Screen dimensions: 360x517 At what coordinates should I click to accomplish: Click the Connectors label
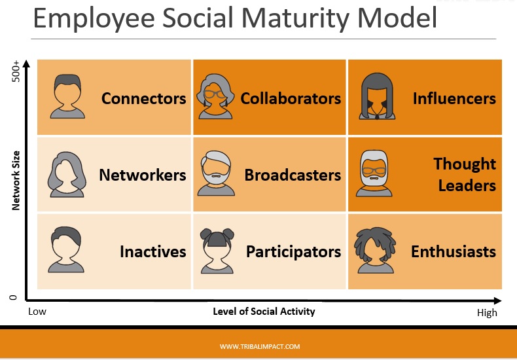pos(143,99)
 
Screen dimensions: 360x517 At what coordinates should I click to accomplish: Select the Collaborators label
pos(291,99)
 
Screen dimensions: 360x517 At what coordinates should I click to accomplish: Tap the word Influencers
pos(454,99)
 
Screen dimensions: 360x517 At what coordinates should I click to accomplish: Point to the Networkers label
pos(142,175)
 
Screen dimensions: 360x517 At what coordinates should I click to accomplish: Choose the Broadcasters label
pos(293,175)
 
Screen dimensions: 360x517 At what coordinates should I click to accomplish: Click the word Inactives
pos(152,251)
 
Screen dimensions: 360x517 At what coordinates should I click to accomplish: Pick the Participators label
pos(293,251)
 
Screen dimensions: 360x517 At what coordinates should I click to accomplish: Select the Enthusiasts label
pos(453,251)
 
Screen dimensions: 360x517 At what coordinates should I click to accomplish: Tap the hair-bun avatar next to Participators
pos(219,251)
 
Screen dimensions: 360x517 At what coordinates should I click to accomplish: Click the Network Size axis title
pos(16,181)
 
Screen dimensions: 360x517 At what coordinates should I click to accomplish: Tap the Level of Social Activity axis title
pos(264,311)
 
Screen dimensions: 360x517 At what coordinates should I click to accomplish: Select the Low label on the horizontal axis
pos(37,312)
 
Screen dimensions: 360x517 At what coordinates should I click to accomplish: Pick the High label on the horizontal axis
pos(487,313)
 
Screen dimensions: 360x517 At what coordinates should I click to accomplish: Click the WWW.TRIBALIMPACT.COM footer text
pos(260,347)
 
